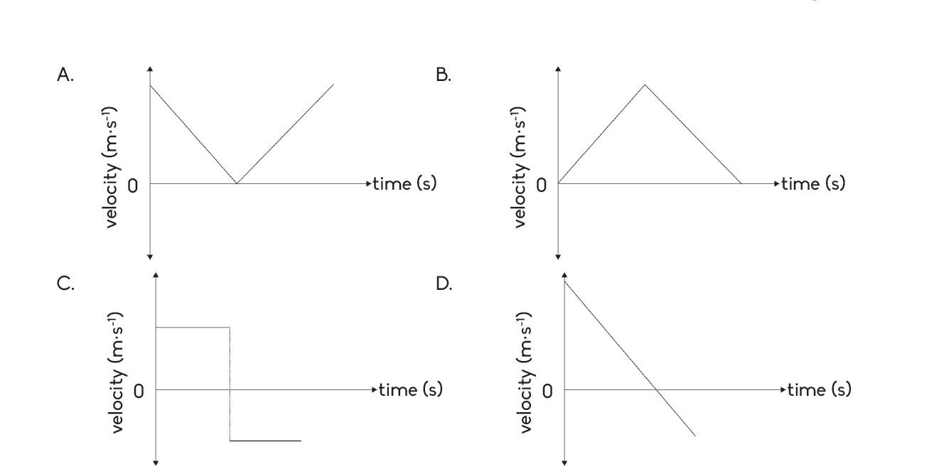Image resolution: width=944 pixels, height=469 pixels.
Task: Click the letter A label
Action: (x=65, y=75)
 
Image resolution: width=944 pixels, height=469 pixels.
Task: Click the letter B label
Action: (x=443, y=75)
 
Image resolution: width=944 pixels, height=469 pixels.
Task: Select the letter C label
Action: (x=65, y=284)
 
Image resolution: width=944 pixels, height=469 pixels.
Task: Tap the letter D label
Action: (x=443, y=284)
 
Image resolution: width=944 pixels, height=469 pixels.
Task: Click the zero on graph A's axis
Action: (x=133, y=186)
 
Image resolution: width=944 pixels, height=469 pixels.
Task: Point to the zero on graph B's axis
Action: (x=542, y=186)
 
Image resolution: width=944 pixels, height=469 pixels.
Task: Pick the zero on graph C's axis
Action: (x=139, y=392)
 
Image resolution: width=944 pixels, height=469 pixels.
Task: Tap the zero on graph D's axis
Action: (x=547, y=392)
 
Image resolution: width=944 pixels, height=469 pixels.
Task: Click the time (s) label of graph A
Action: (x=404, y=183)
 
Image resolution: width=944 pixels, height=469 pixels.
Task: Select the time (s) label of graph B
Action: (x=813, y=183)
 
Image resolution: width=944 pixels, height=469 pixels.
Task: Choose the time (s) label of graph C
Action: (x=410, y=389)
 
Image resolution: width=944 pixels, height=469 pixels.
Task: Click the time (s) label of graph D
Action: (x=819, y=389)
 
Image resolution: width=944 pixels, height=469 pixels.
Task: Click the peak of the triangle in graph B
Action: (x=645, y=85)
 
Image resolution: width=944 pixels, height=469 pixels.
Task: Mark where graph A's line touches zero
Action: (x=237, y=183)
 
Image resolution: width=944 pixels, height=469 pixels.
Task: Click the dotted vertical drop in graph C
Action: (x=230, y=384)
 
